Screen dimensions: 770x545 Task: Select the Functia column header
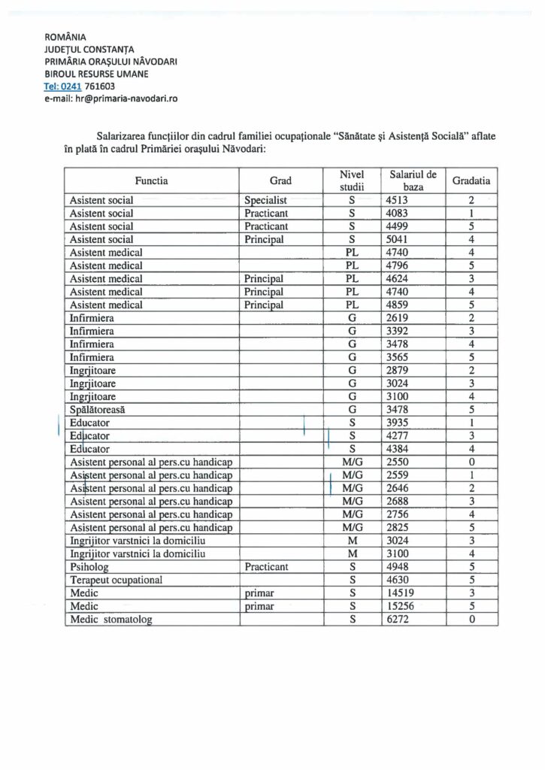click(151, 181)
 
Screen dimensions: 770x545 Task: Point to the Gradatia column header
click(471, 181)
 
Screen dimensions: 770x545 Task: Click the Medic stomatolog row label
click(110, 620)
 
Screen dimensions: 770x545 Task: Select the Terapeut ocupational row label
click(116, 580)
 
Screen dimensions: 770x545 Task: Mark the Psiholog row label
click(89, 567)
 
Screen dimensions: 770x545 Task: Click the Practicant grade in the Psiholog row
click(267, 567)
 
